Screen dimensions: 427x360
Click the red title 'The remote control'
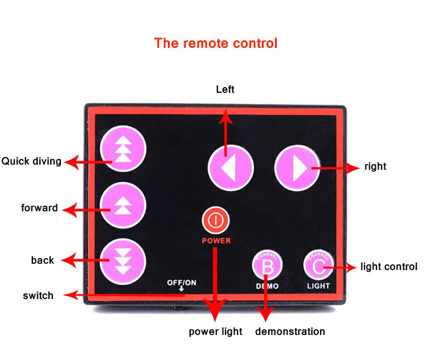pos(216,43)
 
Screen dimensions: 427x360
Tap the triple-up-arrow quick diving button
pos(123,149)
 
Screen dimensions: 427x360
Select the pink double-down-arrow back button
pos(123,261)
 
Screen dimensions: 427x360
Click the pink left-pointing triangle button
pos(231,168)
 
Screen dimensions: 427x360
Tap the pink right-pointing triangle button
pos(297,168)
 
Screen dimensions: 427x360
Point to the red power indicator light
pos(216,220)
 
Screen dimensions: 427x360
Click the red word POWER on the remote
pos(216,241)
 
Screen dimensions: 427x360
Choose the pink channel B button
pos(267,265)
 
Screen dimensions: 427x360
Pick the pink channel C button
pos(318,265)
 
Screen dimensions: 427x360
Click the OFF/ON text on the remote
pos(182,283)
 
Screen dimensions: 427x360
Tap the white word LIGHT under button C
pos(318,286)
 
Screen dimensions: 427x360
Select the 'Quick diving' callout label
pos(31,161)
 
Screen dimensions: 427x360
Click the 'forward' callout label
pos(39,208)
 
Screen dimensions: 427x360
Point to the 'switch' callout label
pos(38,296)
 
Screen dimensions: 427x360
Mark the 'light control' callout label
pos(389,267)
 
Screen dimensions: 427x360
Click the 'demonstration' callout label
pos(290,332)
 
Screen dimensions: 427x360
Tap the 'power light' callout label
pos(215,332)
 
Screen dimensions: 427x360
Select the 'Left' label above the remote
pos(225,89)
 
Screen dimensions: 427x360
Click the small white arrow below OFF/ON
pos(182,289)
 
